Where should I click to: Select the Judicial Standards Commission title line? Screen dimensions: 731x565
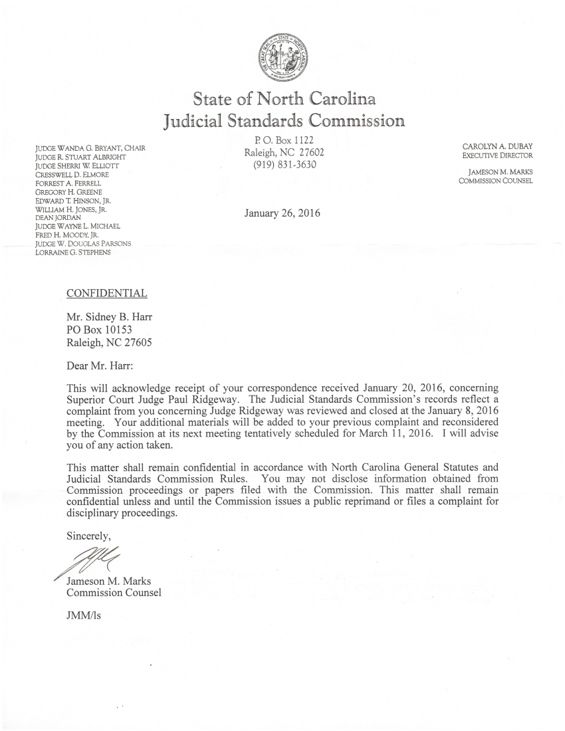coord(283,122)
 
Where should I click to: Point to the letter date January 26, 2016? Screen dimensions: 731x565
coord(282,213)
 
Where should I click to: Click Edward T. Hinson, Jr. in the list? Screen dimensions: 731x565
coord(70,199)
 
